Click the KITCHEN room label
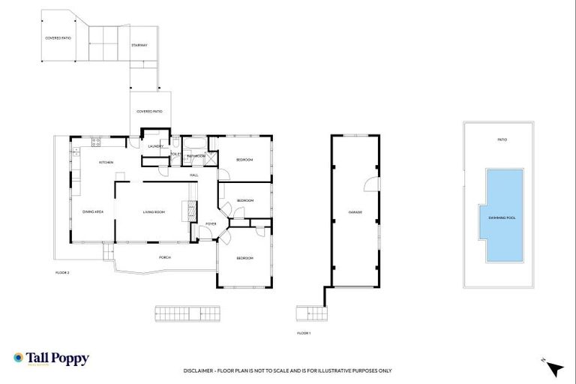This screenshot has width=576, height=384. (x=106, y=163)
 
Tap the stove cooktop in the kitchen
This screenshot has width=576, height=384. (x=95, y=142)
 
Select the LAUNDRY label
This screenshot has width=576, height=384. (x=155, y=146)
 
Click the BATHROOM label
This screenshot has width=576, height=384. (x=196, y=156)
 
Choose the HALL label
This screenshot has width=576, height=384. (x=193, y=175)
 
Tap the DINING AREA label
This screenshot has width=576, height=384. (x=93, y=212)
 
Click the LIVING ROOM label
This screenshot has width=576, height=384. (x=154, y=212)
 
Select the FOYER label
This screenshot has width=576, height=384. (x=211, y=223)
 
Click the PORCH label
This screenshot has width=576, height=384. (x=165, y=257)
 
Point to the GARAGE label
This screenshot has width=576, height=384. (x=355, y=212)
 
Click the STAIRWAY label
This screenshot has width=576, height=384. (x=139, y=46)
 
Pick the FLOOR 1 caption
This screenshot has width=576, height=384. (x=304, y=332)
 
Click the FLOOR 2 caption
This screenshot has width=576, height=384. (x=62, y=272)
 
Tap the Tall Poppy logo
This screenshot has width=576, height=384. (x=51, y=359)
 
